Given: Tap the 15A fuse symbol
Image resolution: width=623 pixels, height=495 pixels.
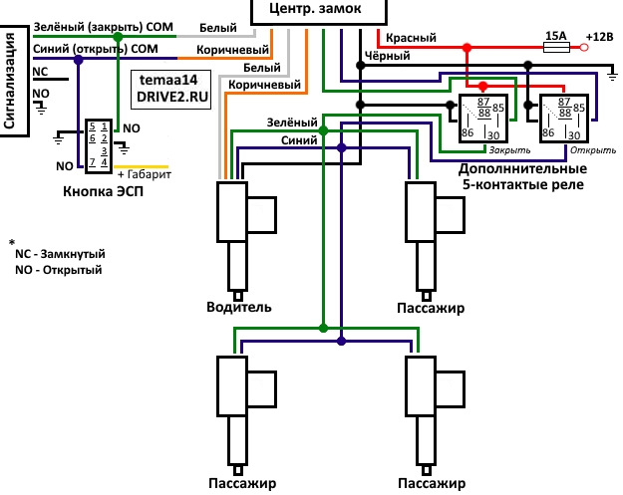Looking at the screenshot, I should coord(554,46).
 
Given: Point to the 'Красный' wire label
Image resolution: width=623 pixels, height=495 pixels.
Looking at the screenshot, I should coord(407,36).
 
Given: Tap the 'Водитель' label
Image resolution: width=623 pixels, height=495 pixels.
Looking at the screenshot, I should coord(239,308).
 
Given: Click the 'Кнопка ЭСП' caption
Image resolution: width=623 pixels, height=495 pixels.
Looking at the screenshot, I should coord(103,192).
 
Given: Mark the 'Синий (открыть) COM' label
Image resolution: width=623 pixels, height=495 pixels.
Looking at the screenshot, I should coord(96,48).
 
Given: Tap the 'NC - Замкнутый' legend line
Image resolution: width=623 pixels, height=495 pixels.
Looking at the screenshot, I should coord(61,254).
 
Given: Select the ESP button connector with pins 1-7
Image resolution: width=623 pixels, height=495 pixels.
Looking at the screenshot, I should coord(97,144).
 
